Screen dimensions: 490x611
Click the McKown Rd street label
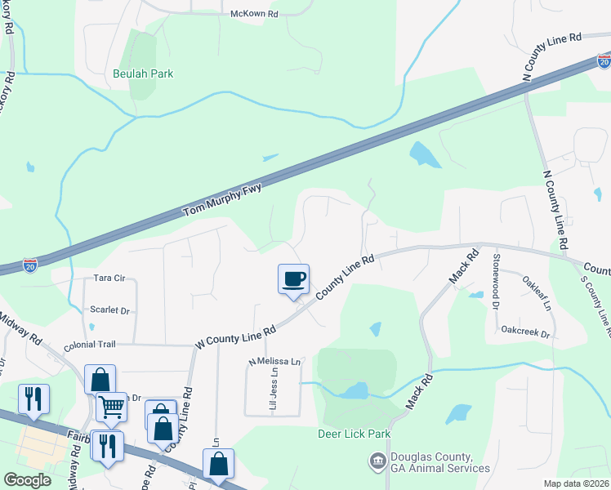254,15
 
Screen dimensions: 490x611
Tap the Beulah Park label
143,73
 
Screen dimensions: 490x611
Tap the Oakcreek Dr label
526,334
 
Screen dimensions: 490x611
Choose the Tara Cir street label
109,278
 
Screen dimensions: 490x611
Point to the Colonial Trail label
91,345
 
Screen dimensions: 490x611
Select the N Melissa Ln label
275,361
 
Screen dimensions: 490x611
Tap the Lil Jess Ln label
274,388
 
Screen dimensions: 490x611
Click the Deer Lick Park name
354,434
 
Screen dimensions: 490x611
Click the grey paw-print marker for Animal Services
377,462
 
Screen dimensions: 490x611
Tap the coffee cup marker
294,279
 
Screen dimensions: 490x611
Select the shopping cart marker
111,405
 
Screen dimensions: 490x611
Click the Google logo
27,480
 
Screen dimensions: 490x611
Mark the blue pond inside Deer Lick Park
354,391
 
